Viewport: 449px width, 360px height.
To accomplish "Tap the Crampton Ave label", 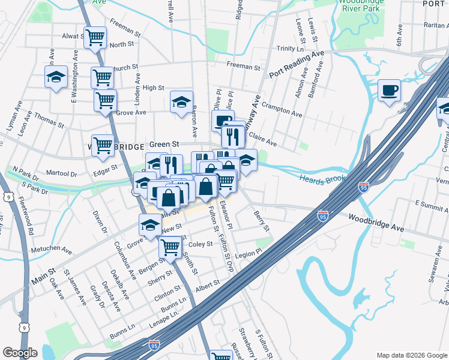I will [x=282, y=109].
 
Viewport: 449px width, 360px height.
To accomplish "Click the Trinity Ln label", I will [x=291, y=49].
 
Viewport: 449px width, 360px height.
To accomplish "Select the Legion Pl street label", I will [x=249, y=254].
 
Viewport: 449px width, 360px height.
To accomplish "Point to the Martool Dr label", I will [x=62, y=173].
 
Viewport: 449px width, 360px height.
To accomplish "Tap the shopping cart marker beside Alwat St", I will [x=95, y=37].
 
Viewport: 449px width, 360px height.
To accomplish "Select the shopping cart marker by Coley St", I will [x=170, y=246].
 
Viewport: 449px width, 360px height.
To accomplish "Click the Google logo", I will [x=20, y=352].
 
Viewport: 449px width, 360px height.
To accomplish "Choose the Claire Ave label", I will [x=262, y=140].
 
